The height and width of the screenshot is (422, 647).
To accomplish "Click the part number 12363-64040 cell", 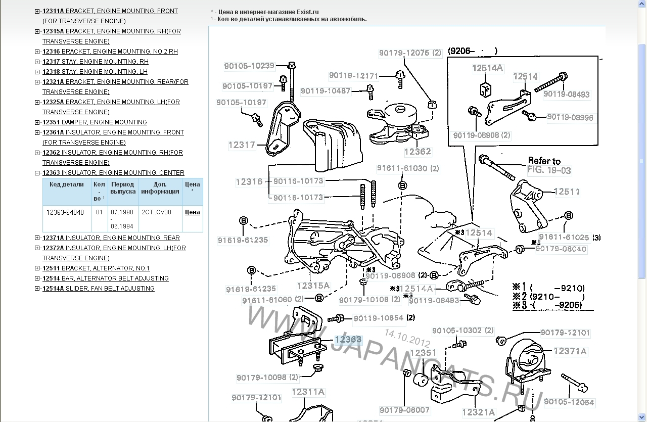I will pos(65,212).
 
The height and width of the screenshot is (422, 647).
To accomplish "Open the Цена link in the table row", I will pos(192,212).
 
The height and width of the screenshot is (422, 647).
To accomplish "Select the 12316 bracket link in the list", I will pos(110,52).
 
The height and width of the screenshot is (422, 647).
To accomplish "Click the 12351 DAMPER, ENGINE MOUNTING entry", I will pos(95,122).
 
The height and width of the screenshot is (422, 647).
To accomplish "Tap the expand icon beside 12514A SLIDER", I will pos(37,289).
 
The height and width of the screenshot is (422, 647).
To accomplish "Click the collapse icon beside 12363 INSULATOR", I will pos(37,173).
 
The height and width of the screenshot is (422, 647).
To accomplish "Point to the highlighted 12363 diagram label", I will pos(347,340).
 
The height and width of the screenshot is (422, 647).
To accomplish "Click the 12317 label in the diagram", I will pos(242,145).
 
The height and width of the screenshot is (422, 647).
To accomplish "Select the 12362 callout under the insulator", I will pos(418,151).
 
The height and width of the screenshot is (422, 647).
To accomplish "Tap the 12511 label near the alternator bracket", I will pos(567,192).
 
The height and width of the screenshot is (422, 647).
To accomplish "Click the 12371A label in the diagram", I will pos(570,351).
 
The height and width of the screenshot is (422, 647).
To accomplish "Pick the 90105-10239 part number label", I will pos(250,66).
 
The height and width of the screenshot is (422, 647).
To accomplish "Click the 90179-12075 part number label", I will pos(404,53).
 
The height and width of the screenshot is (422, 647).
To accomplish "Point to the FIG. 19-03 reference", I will pos(549,170).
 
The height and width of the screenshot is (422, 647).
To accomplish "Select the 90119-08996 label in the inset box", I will pos(570,117).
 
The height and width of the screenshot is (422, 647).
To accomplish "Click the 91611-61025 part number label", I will pos(564,237).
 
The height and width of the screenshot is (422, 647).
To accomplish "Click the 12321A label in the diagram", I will pos(478,412).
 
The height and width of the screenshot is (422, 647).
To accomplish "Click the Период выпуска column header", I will pos(123,188).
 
